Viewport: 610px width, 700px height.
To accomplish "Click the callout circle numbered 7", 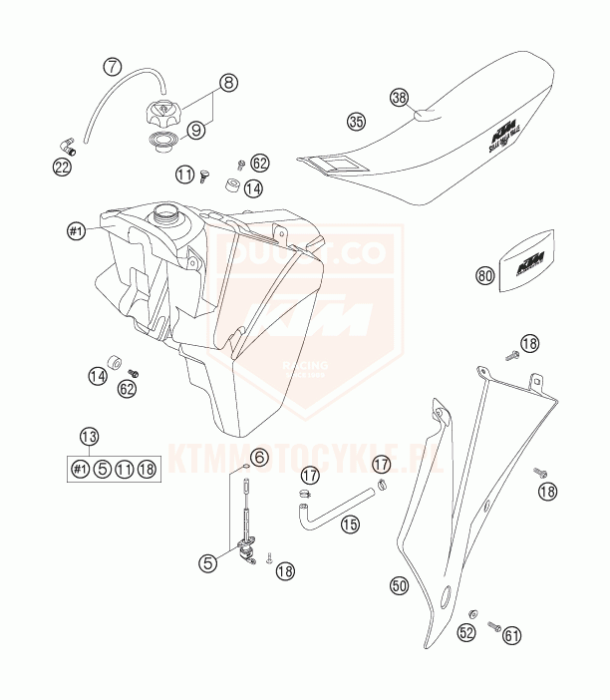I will click(113, 68).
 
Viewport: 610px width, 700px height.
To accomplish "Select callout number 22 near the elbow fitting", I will click(62, 167).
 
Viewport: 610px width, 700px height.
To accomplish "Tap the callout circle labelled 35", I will click(356, 122).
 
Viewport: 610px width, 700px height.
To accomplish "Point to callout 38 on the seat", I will click(399, 98).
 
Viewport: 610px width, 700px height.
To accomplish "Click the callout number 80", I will click(485, 276).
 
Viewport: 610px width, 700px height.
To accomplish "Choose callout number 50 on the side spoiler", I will click(399, 586).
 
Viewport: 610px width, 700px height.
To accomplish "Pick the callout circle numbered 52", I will click(465, 632).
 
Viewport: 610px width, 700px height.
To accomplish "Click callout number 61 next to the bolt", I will click(512, 632).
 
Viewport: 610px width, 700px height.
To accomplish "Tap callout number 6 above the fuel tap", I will click(259, 458).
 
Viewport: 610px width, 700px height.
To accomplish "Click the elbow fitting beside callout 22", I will click(66, 146).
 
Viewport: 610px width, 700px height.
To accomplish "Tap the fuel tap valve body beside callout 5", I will click(245, 550).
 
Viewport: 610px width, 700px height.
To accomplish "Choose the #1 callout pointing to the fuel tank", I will click(75, 232).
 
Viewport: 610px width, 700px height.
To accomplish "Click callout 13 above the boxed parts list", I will click(90, 436).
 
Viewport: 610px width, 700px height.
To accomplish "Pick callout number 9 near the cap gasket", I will click(196, 129).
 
